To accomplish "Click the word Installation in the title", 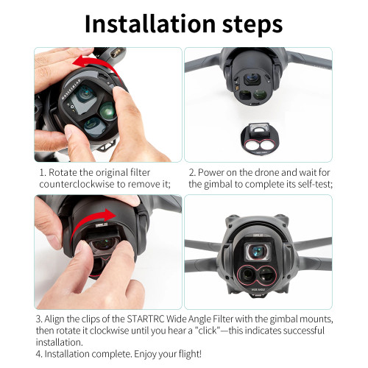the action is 150,24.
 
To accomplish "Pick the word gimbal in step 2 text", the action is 218,185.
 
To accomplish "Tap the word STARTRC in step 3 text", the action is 146,319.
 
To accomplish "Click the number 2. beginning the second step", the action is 193,173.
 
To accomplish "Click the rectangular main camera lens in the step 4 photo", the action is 258,252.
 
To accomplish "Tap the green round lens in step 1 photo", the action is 107,110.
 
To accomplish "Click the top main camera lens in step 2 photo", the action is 252,79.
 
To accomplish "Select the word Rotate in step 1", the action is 63,173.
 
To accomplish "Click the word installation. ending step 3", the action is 60,342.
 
